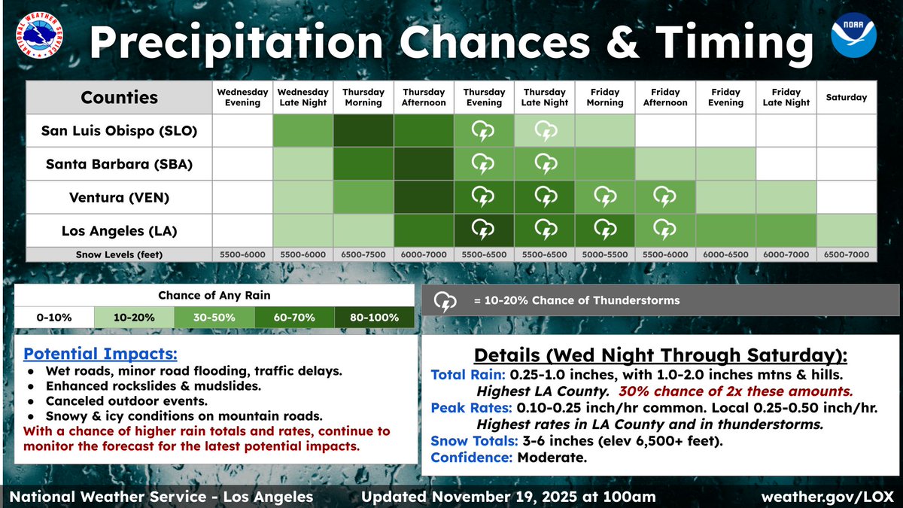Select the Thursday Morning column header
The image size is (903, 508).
tap(363, 97)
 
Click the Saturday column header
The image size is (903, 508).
tap(846, 97)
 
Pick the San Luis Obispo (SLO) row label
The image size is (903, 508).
tap(119, 132)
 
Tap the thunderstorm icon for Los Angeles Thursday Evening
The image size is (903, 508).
tap(484, 229)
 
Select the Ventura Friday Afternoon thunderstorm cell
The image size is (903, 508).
tap(665, 196)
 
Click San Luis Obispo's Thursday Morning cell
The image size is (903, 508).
tap(363, 132)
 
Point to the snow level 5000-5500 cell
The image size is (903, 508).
tap(605, 254)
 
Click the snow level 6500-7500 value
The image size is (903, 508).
tap(363, 254)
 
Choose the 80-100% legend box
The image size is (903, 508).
tap(374, 317)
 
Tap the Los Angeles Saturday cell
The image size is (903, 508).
tap(846, 229)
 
